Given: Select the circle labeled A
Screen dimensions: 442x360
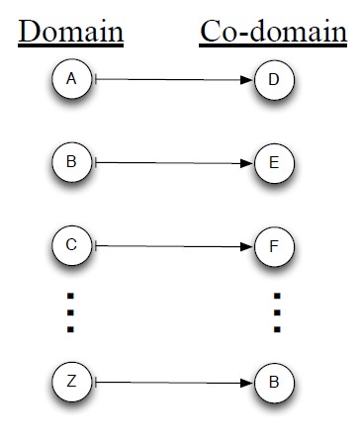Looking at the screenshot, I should click(x=71, y=80).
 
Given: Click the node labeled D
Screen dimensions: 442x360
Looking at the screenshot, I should click(x=274, y=80).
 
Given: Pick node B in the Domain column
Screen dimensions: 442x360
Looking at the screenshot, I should click(x=71, y=161).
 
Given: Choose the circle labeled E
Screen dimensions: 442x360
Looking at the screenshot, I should click(x=274, y=162).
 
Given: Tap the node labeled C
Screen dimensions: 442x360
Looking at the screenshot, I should click(x=71, y=245).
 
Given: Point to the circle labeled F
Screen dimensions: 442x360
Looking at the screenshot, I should click(x=274, y=245).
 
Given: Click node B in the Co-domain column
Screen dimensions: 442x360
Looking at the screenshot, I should click(x=274, y=382).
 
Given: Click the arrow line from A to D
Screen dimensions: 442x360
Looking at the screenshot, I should click(x=168, y=80).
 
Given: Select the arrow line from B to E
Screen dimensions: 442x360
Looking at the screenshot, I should click(x=168, y=162).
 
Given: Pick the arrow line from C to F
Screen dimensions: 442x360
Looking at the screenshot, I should click(x=168, y=245).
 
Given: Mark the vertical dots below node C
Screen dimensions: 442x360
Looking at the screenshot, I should click(x=71, y=312).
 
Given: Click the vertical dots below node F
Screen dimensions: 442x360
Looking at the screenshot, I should click(x=277, y=312).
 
